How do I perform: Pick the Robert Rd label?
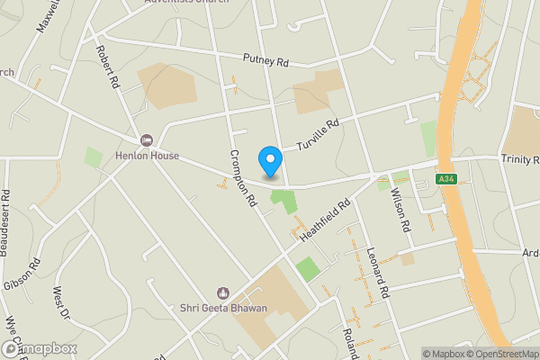coord(108,67)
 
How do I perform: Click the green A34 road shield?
coord(445,180)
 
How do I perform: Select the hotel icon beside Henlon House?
coord(145,139)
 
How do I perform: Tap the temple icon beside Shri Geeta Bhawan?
coord(222,292)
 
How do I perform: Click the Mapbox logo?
coord(38,348)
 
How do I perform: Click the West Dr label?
coord(60,304)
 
